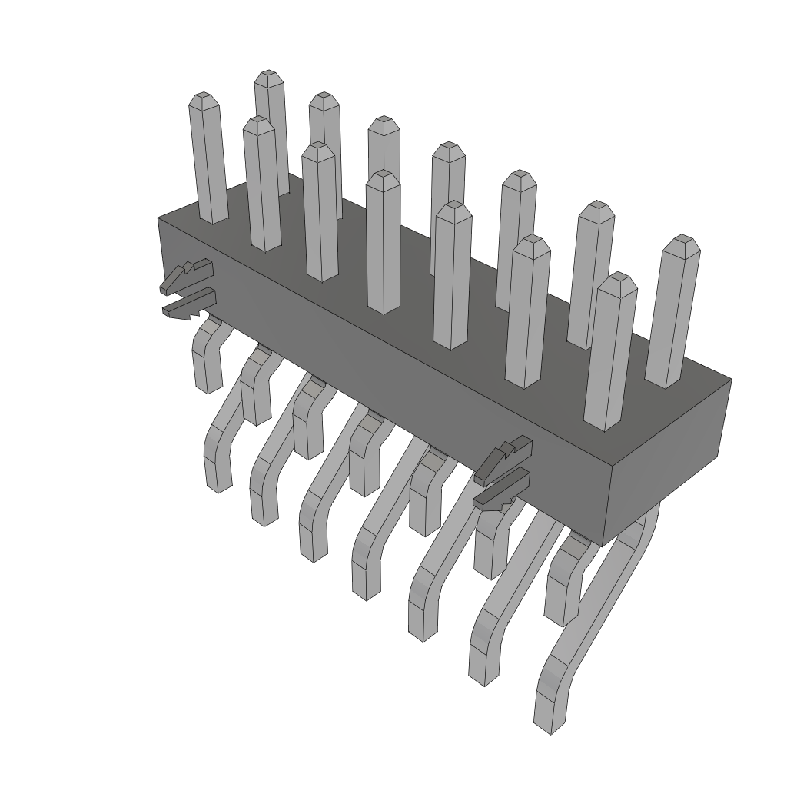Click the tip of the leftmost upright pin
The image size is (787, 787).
[x=203, y=98]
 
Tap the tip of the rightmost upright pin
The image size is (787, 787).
[x=682, y=241]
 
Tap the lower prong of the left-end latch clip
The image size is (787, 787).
[x=188, y=305]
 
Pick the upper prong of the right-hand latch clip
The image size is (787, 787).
[x=503, y=459]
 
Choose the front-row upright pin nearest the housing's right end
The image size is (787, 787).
[x=611, y=354]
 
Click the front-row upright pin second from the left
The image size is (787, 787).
[x=261, y=184]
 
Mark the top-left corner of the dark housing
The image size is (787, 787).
[x=159, y=219]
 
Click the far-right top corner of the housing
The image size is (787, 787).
[x=730, y=379]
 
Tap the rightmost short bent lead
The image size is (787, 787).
[x=565, y=584]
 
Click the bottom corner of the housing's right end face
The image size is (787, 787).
[x=604, y=546]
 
